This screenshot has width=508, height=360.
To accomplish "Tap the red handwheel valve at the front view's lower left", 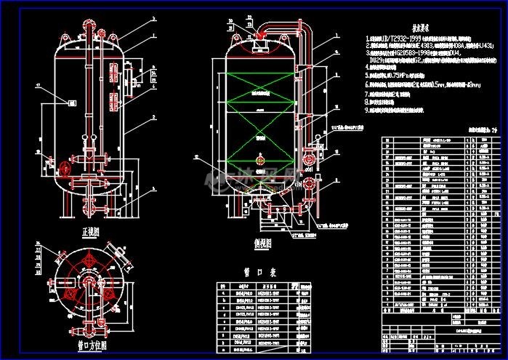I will [65, 169].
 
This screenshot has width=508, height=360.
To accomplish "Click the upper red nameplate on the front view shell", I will [113, 71].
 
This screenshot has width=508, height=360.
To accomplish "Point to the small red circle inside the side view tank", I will [260, 157].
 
